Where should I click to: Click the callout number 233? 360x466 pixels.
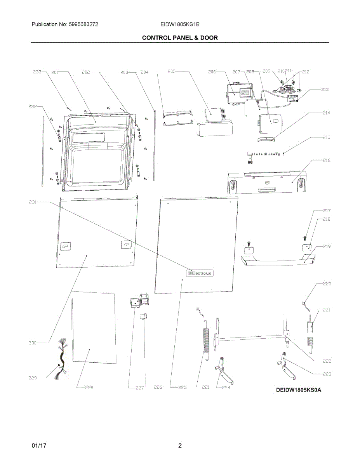coord(37,72)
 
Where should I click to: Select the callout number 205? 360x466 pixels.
coord(172,71)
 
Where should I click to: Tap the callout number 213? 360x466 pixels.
coord(325,89)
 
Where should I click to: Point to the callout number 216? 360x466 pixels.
coord(327,160)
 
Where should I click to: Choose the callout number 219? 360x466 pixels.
coord(327,246)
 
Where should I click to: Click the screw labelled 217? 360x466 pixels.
coord(305,237)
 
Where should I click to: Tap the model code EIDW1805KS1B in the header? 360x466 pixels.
coord(180,24)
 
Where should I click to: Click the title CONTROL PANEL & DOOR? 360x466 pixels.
coord(180,38)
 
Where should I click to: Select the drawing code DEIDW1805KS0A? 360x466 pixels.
coord(299,390)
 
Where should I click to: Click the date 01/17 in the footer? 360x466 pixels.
coord(39,446)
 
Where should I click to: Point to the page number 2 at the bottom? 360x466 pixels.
coord(180,446)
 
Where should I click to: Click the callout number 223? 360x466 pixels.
coord(327,374)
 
